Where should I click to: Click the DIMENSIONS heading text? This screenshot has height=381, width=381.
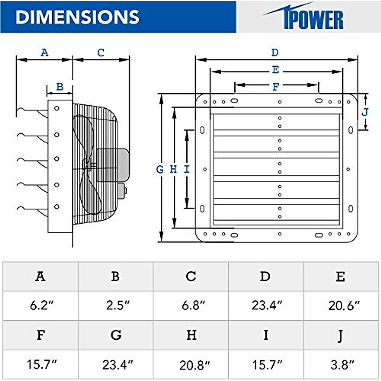point(77,17)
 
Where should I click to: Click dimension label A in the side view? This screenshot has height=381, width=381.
point(44,52)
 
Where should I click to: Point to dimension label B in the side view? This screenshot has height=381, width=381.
point(60,86)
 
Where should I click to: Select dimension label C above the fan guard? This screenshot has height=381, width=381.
point(101,52)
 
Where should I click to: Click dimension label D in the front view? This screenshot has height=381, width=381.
point(275,52)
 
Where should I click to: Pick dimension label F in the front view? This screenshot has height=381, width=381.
point(276,86)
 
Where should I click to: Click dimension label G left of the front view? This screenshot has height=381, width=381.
point(160,170)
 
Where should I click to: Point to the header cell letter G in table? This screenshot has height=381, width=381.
point(116,335)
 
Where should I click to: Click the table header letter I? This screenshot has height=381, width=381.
point(266,335)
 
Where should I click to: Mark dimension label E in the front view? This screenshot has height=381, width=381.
point(276,70)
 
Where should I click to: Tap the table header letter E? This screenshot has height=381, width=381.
point(340,277)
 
